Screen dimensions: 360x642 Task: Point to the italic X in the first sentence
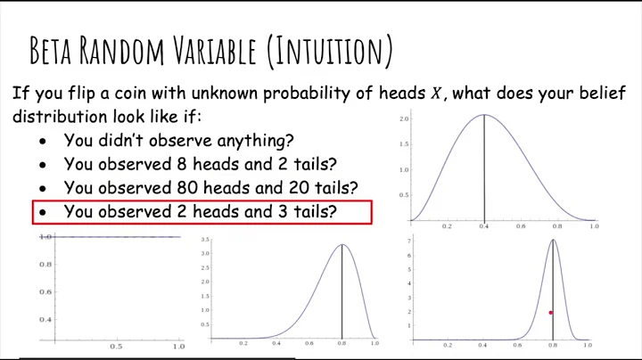[x=436, y=94]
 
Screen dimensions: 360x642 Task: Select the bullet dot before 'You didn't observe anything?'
[x=44, y=141]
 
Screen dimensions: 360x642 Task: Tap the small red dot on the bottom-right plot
[x=551, y=313]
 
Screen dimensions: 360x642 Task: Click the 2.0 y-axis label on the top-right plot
[x=404, y=119]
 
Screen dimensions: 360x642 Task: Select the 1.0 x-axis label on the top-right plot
[x=594, y=227]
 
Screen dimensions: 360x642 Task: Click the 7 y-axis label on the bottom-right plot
[x=408, y=241]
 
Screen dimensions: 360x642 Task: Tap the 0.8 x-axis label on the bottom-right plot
[x=553, y=345]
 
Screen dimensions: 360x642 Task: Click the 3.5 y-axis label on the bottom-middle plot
[x=205, y=241]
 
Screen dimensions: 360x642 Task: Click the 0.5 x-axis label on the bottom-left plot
[x=116, y=346]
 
